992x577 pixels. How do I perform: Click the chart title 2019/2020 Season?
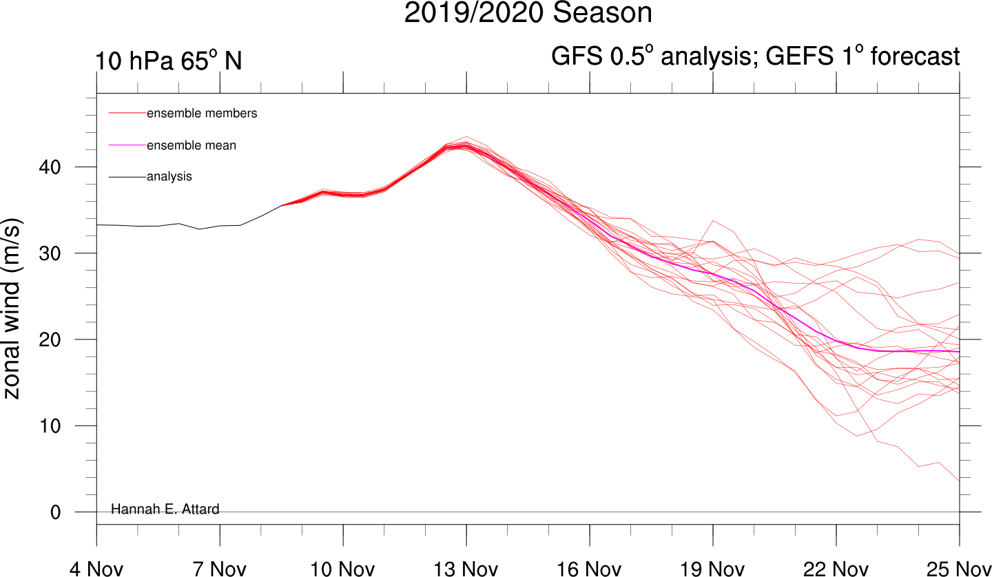pyautogui.click(x=528, y=13)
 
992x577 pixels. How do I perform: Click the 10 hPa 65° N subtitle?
pyautogui.click(x=169, y=61)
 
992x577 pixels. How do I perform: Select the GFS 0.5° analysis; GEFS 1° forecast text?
pyautogui.click(x=755, y=56)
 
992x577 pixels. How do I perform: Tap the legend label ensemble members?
pyautogui.click(x=202, y=114)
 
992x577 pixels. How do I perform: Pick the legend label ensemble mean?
pyautogui.click(x=192, y=145)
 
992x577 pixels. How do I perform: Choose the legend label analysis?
pyautogui.click(x=169, y=177)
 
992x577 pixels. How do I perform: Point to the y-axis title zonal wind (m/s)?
pyautogui.click(x=13, y=308)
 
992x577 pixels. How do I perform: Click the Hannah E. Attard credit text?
pyautogui.click(x=165, y=510)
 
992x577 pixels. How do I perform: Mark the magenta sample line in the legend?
pyautogui.click(x=127, y=145)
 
